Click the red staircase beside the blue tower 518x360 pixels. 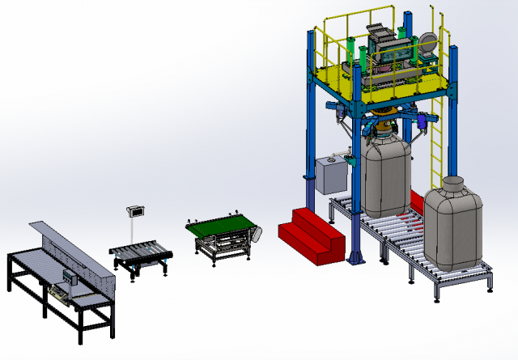[x=310, y=233]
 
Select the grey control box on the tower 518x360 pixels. [x=329, y=176]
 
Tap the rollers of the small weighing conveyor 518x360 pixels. [x=142, y=252]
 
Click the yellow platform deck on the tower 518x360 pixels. [x=380, y=81]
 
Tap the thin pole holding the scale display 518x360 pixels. [x=134, y=231]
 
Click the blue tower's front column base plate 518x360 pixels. [x=355, y=260]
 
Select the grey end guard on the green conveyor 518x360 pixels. [x=257, y=234]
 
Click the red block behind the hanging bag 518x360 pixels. [x=417, y=199]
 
